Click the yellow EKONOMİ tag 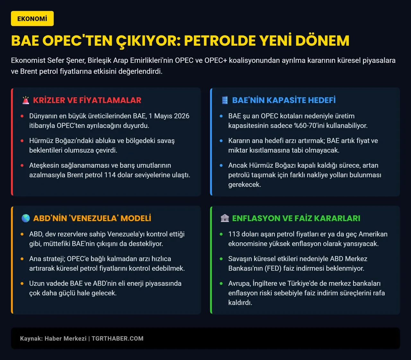click(x=32, y=19)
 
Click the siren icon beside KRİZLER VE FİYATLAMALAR click(x=26, y=100)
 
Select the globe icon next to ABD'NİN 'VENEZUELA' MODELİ click(x=26, y=218)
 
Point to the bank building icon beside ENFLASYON click(x=225, y=218)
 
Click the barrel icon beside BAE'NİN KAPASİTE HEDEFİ click(x=225, y=100)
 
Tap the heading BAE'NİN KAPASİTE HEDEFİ click(x=284, y=100)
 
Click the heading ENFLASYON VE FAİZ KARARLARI click(x=296, y=218)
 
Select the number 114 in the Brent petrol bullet click(x=110, y=175)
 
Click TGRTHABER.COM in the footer click(x=118, y=338)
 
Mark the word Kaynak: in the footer click(x=31, y=338)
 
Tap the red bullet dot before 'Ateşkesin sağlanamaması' click(x=22, y=166)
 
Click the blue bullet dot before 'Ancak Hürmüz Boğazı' click(x=221, y=166)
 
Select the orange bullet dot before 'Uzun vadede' click(x=22, y=284)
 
